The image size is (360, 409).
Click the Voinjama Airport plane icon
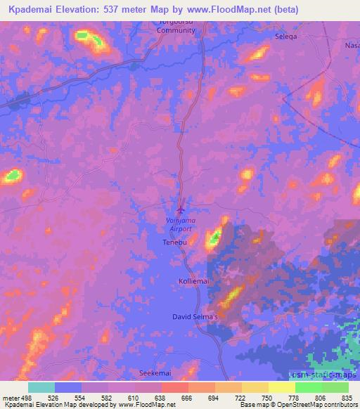(x=182, y=209)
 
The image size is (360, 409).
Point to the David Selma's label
(x=195, y=317)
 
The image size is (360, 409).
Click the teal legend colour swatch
(x=41, y=387)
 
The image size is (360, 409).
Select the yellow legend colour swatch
(x=281, y=387)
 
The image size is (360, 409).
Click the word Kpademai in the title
(x=32, y=9)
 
